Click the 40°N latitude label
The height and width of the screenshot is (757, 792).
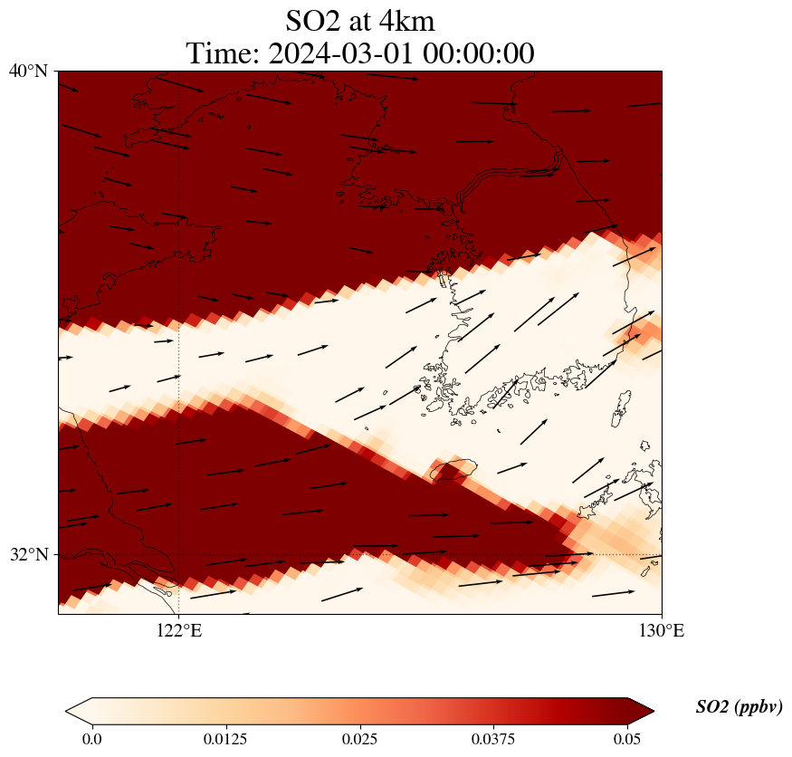[x=28, y=71]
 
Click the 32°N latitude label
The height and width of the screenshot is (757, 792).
[x=28, y=554]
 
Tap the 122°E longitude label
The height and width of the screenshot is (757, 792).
[x=179, y=630]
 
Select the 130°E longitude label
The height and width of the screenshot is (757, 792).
[x=662, y=630]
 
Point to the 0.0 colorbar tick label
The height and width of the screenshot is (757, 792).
[x=91, y=739]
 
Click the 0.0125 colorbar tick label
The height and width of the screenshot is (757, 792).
[x=225, y=739]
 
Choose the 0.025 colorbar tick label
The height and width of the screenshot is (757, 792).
[x=359, y=739]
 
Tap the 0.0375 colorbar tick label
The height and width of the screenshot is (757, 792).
[x=493, y=739]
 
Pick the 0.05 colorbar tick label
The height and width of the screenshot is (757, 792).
[x=627, y=739]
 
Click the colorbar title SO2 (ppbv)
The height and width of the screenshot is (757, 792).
[x=739, y=707]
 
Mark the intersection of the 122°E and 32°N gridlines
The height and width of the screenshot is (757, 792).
[x=179, y=554]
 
